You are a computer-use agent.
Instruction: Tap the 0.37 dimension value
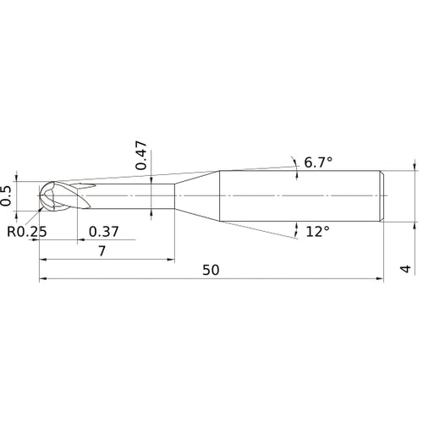click(x=103, y=231)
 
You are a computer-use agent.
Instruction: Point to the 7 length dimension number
click(x=102, y=251)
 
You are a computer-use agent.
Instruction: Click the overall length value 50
click(x=211, y=270)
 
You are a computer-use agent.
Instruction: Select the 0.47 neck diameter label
click(x=142, y=155)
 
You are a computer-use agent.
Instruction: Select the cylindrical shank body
click(x=300, y=196)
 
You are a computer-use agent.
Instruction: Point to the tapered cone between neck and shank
click(x=196, y=196)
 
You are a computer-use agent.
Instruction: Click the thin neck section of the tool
click(x=135, y=195)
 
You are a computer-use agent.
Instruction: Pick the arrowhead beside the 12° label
click(x=298, y=225)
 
